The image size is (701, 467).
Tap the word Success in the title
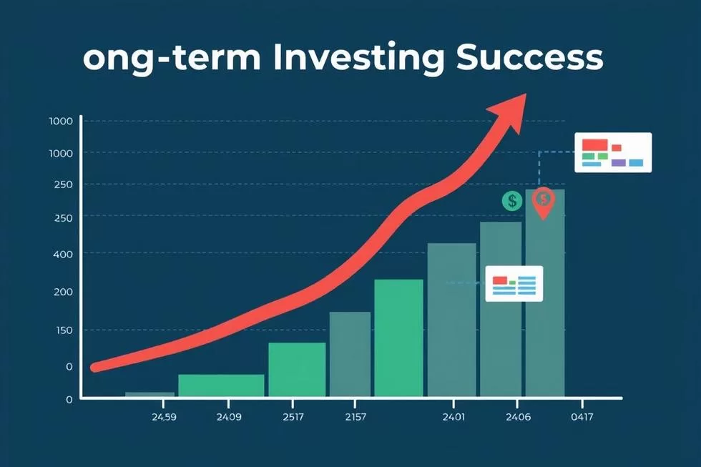[x=530, y=57]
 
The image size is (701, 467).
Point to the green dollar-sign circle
[x=512, y=201]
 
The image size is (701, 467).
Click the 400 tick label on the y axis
[x=63, y=254]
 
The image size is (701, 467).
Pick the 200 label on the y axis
[x=63, y=292]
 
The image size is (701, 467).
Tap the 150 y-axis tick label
[x=63, y=330]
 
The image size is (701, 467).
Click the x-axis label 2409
[x=229, y=417]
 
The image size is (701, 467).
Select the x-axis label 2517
[x=293, y=417]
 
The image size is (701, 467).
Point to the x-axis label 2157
[x=356, y=417]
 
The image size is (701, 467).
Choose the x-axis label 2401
[x=454, y=417]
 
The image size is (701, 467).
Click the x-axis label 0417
[x=582, y=417]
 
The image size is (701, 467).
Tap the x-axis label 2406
[x=518, y=417]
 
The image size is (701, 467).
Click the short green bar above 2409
[x=221, y=385]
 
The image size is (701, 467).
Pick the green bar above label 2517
[x=297, y=370]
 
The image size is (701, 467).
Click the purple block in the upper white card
[x=618, y=162]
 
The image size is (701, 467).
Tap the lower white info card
[x=514, y=284]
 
